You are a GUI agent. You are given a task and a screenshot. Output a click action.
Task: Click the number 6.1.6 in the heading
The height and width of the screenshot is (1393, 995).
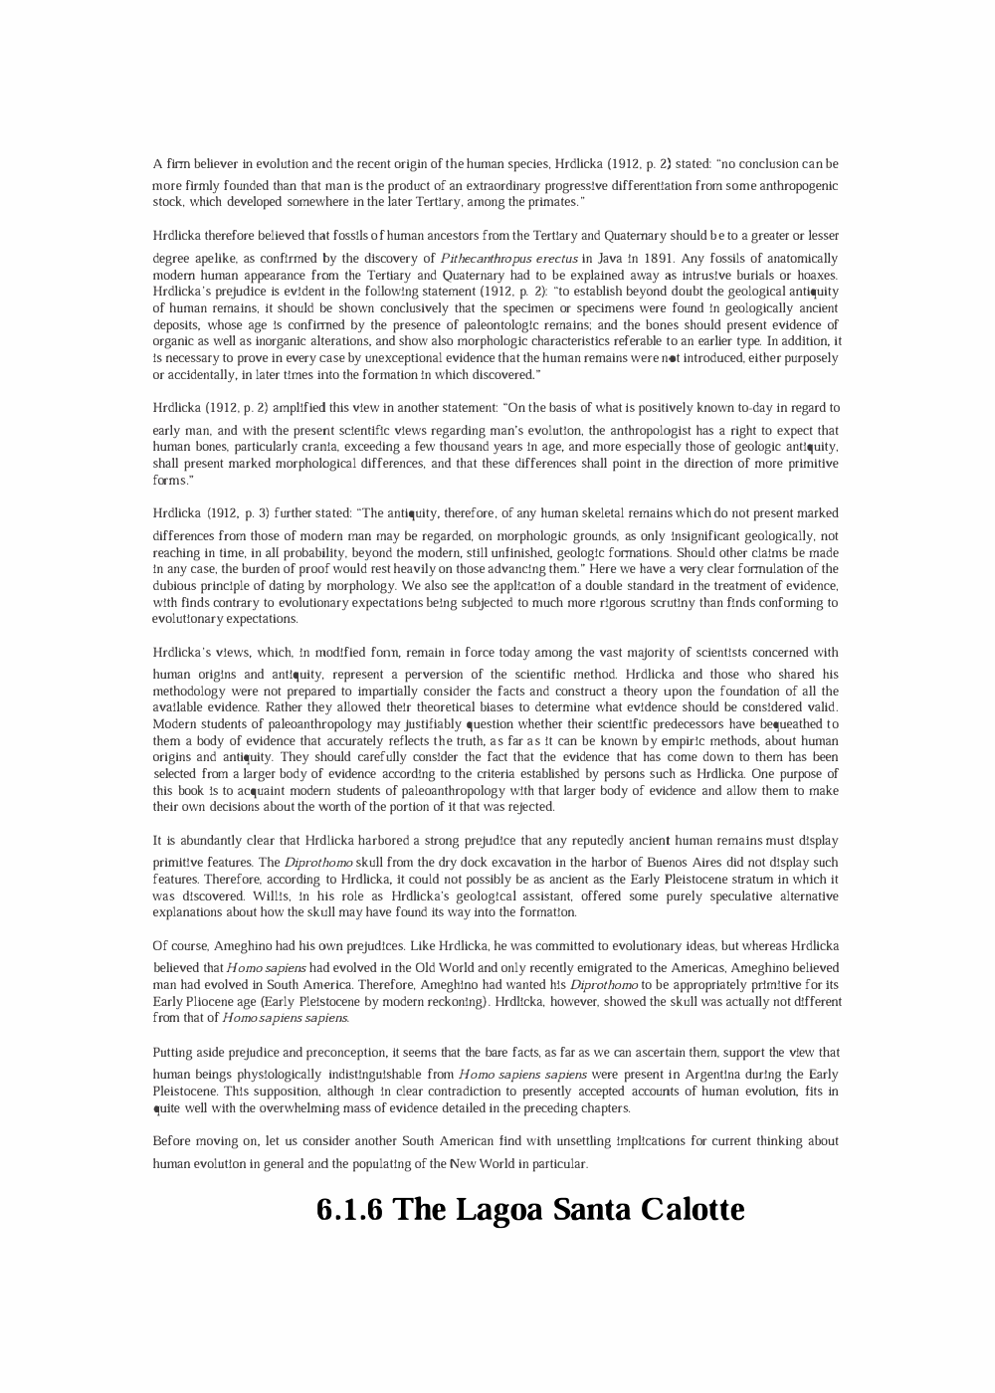349,1210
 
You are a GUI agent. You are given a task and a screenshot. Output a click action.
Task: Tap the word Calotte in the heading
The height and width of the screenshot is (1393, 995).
693,1210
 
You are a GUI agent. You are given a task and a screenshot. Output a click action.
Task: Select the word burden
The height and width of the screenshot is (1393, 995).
238,569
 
